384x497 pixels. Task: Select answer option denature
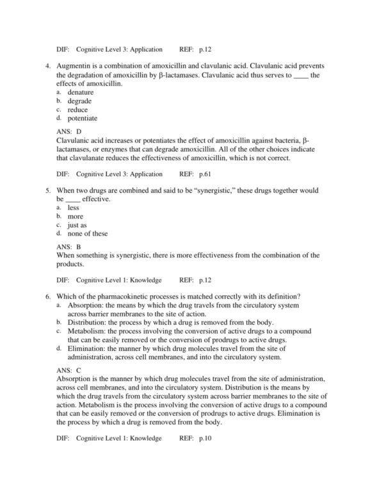coord(81,93)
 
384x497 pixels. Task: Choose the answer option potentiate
coord(83,118)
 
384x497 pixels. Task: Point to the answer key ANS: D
coord(69,131)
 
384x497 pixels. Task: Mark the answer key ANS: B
coord(69,247)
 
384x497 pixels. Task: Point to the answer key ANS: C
coord(69,370)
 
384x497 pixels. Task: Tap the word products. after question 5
coord(70,264)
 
